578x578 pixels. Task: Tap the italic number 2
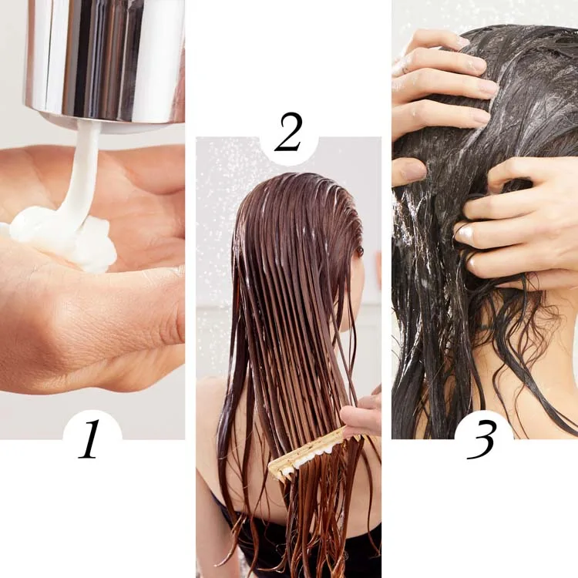(x=288, y=133)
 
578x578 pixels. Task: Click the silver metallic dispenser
(x=105, y=61)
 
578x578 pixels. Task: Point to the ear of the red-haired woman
(x=359, y=250)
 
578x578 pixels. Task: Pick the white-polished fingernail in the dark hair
(x=465, y=233)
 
